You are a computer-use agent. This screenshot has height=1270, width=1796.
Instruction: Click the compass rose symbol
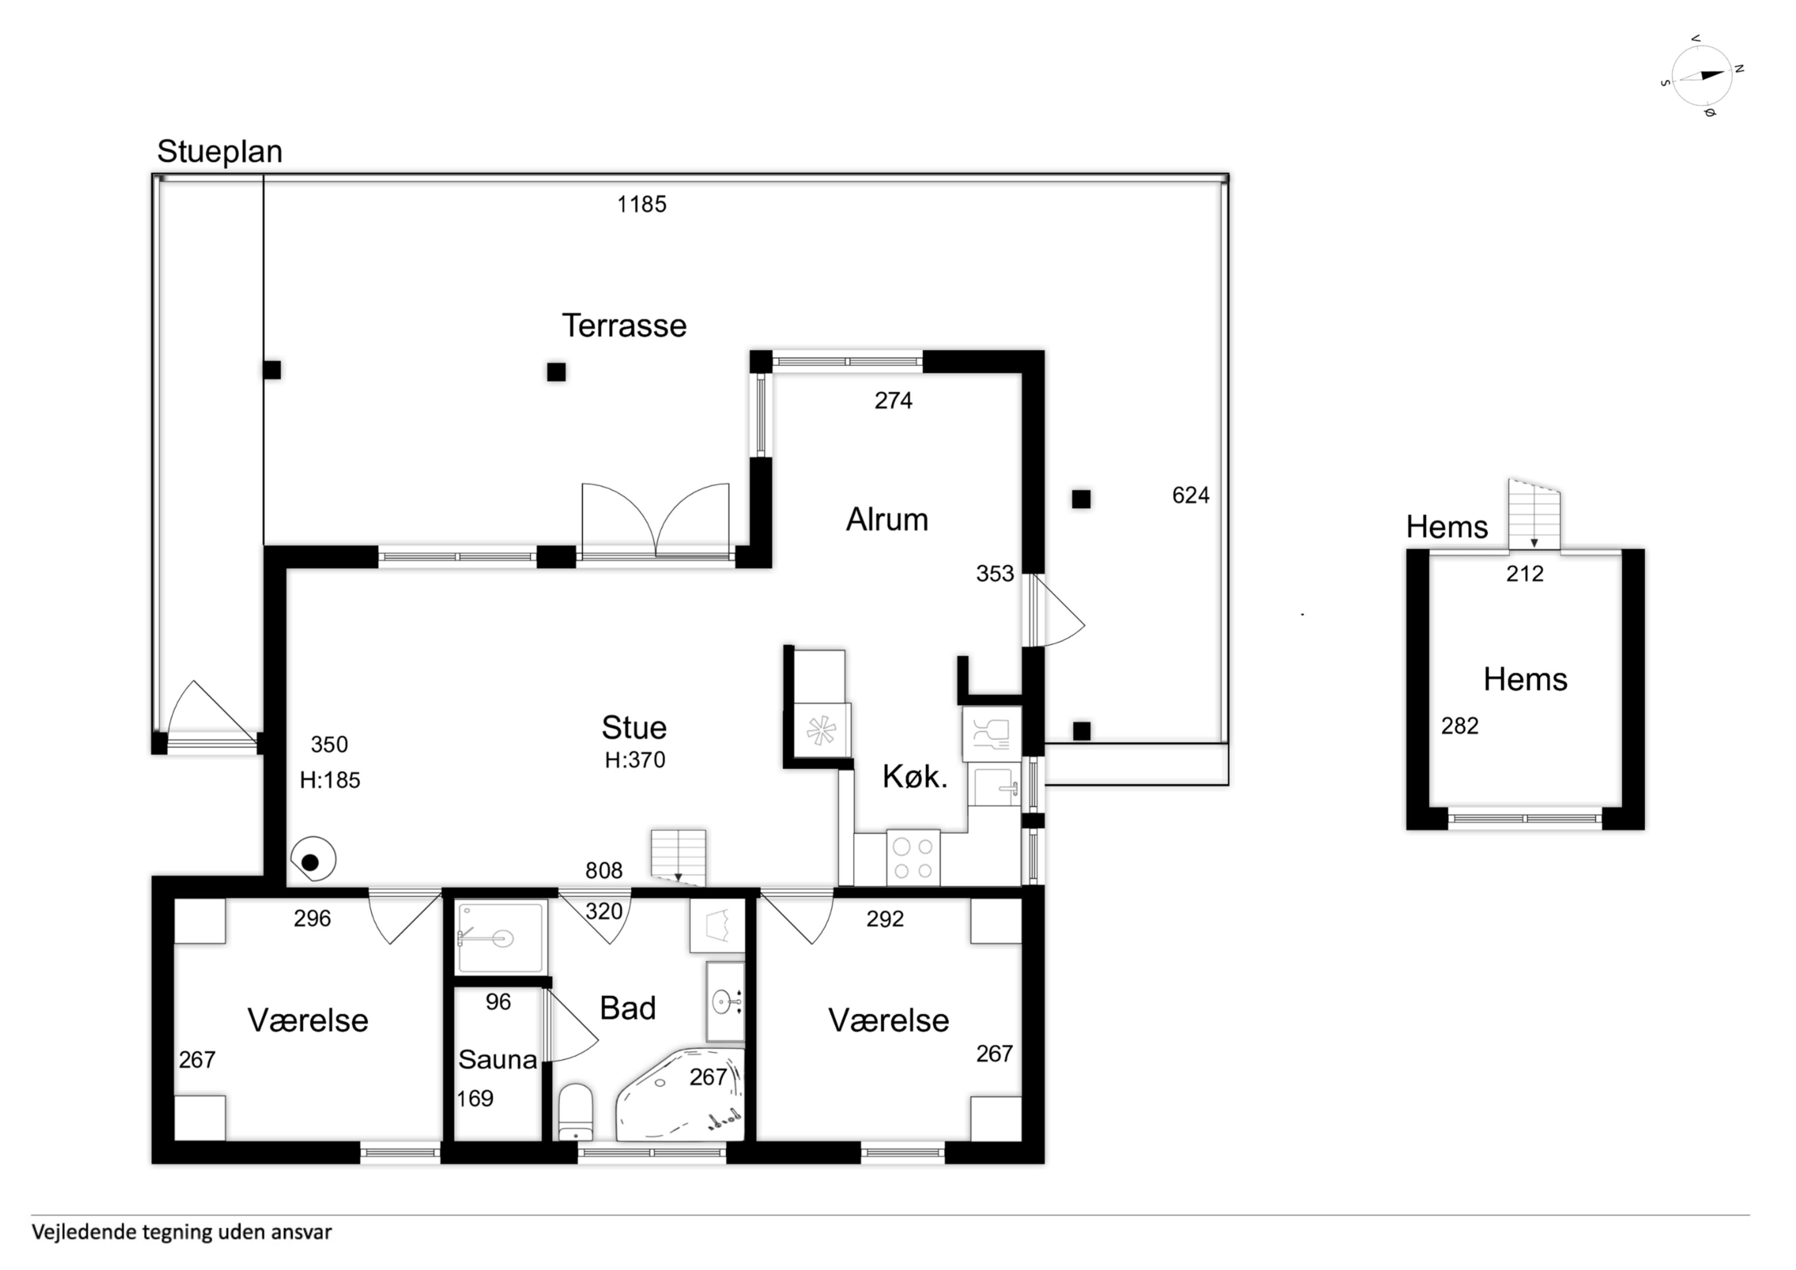[1701, 75]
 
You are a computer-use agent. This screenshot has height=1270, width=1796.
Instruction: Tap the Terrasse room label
[624, 326]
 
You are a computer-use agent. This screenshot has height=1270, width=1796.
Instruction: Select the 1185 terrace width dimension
[641, 204]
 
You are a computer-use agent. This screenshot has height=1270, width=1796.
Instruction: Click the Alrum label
[887, 520]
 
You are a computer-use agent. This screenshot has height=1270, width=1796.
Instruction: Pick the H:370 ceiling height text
[635, 760]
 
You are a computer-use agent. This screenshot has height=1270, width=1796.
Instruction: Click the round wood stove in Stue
[313, 860]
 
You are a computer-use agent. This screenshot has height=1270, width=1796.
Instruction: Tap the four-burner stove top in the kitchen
[913, 858]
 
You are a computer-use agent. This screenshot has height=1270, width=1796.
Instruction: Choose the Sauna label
[498, 1060]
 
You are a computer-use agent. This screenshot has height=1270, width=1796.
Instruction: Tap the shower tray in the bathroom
[501, 938]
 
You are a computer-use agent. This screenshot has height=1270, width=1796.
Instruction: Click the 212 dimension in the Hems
[1525, 574]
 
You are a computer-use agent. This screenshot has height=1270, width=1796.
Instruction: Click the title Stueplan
[220, 152]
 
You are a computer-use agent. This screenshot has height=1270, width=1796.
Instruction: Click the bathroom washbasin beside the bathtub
[725, 1002]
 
